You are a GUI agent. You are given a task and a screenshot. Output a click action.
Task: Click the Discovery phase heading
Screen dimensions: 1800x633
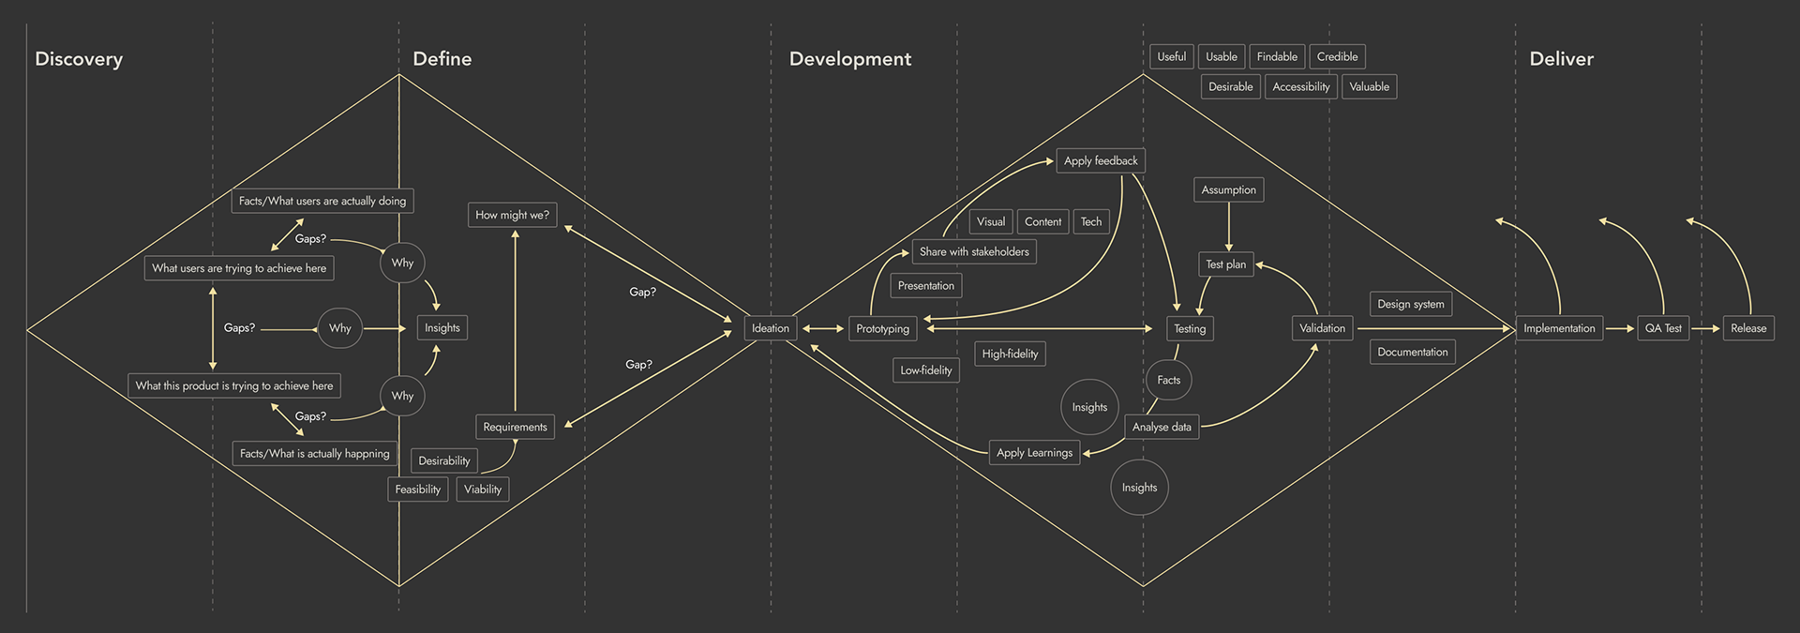tap(79, 59)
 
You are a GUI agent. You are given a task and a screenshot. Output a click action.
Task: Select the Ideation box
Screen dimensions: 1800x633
tap(771, 328)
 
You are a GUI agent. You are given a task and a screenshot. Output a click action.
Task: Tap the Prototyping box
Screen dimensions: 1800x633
tap(882, 329)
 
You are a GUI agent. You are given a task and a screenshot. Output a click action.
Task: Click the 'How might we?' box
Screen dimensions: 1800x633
tap(512, 215)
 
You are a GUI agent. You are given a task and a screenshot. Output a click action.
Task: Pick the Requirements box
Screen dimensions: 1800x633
tap(515, 427)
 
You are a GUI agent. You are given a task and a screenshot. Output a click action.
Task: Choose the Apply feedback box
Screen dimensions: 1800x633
tap(1101, 161)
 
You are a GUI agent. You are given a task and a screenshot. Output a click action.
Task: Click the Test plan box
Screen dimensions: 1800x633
tap(1225, 264)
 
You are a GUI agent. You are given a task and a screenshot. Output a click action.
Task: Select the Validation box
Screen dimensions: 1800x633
tap(1322, 328)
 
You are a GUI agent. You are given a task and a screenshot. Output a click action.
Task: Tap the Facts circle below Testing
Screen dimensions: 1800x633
tap(1168, 380)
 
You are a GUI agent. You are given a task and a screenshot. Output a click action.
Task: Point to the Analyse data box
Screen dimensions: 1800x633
tap(1162, 427)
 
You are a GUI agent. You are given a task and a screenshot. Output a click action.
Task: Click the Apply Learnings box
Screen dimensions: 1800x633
tap(1034, 453)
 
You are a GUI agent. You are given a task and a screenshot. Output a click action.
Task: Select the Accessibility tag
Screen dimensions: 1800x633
tap(1300, 87)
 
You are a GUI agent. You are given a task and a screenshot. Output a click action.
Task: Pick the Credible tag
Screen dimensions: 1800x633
tap(1337, 57)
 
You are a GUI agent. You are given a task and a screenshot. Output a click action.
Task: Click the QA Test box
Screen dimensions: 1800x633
tap(1663, 328)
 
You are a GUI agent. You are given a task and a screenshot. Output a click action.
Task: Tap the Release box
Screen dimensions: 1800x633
tap(1748, 328)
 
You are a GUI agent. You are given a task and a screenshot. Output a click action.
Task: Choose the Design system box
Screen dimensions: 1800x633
tap(1410, 304)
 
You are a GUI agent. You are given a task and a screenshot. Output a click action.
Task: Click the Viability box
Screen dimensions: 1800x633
tap(483, 490)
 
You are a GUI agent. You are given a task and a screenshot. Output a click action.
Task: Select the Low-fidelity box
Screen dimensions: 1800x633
tap(925, 370)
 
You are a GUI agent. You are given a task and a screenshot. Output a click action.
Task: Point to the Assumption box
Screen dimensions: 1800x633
tap(1228, 190)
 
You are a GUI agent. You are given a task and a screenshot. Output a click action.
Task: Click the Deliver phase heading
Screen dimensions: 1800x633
tap(1561, 59)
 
